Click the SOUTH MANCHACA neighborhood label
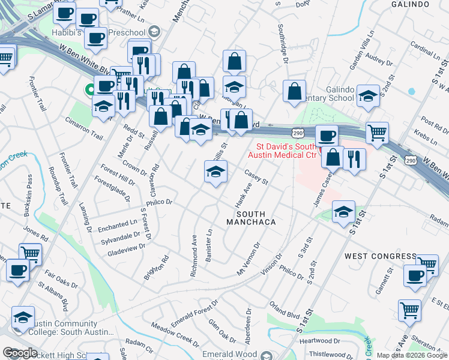click(250, 218)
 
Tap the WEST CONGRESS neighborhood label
click(380, 256)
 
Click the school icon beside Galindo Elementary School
click(367, 95)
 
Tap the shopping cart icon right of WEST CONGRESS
click(427, 263)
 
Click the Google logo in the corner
click(20, 353)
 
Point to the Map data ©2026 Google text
click(412, 355)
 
